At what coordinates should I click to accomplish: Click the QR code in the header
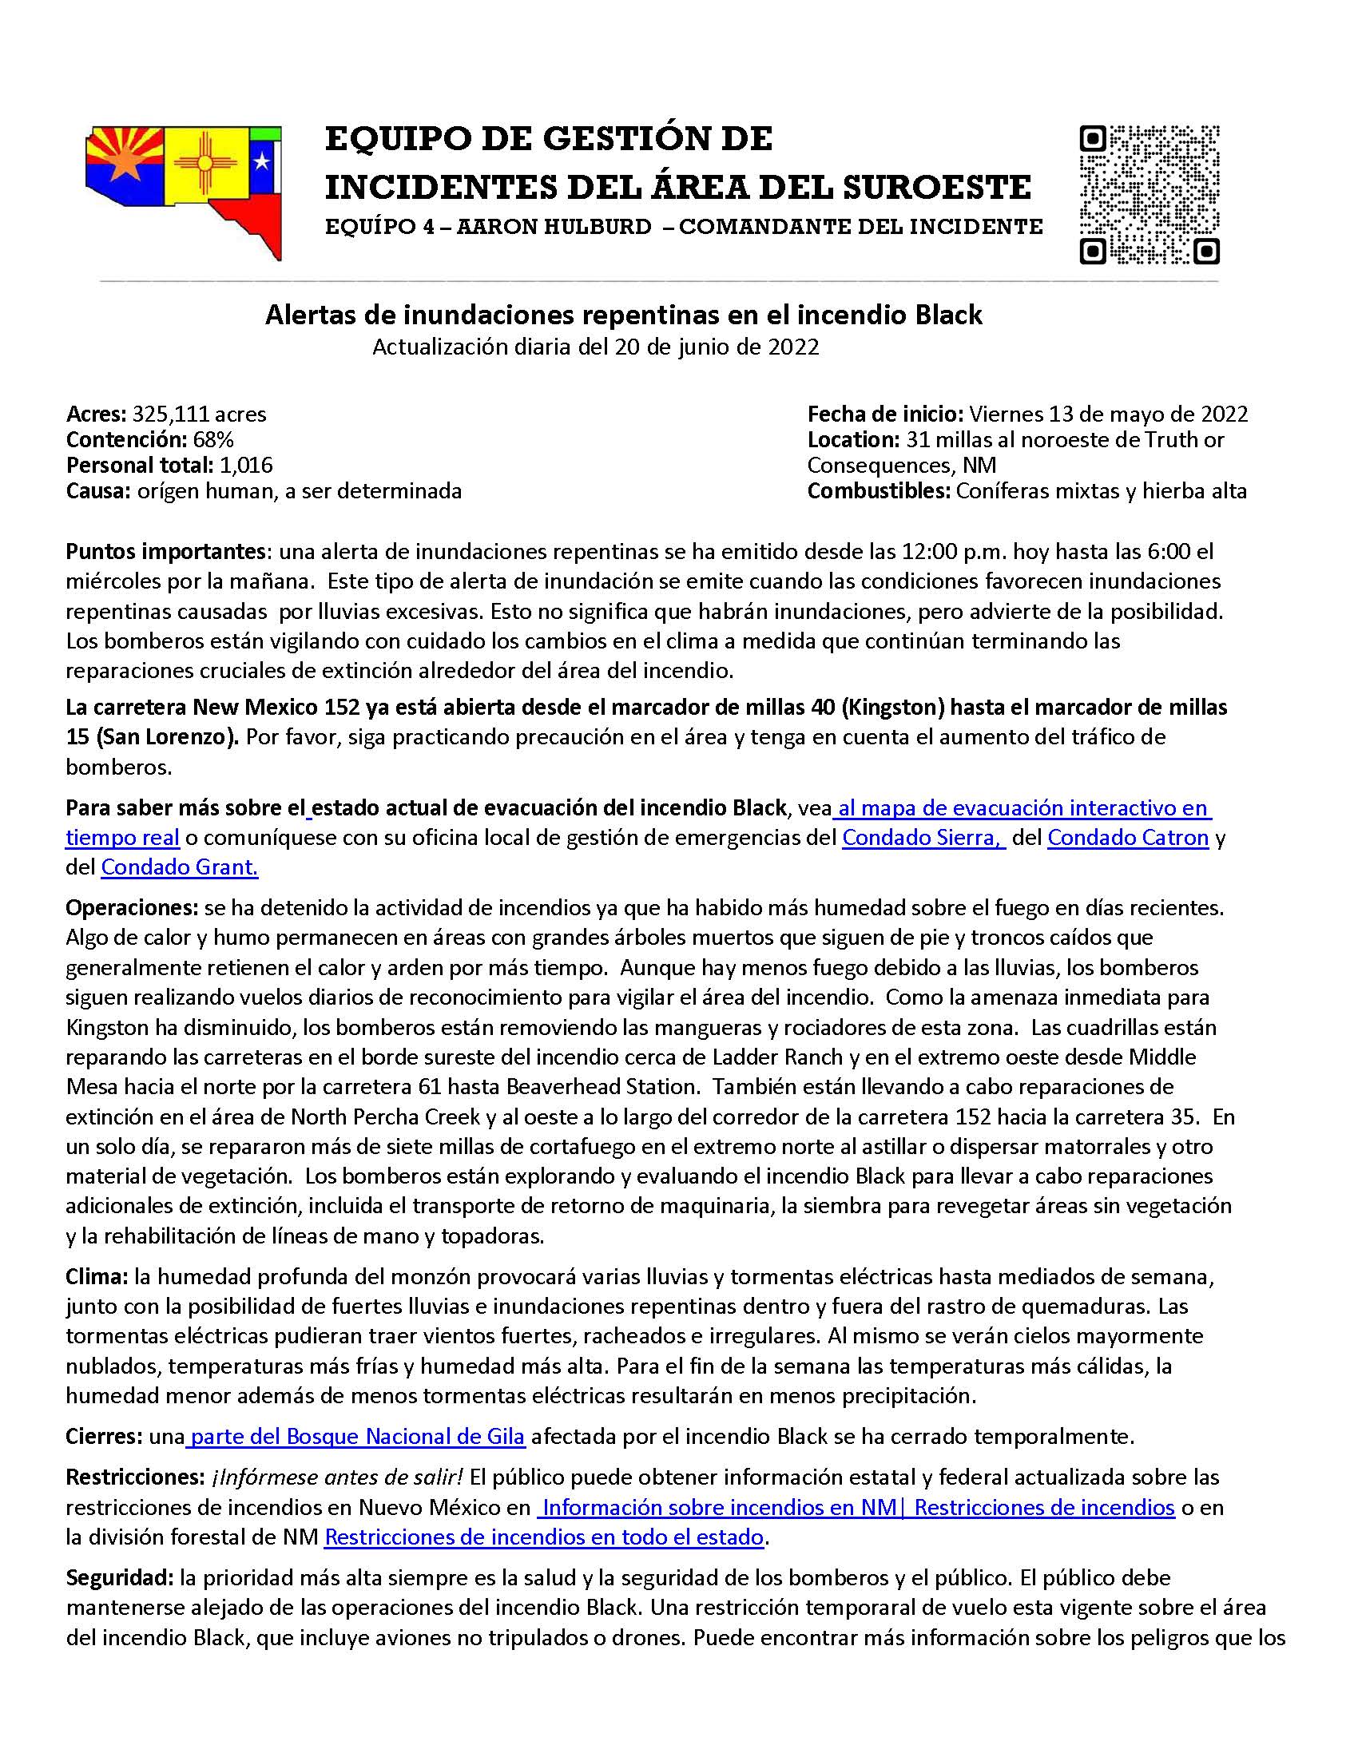coord(1149,194)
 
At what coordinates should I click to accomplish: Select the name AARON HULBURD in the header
coord(554,227)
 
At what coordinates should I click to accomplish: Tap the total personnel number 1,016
coord(246,465)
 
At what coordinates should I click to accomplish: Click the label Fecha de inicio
coord(885,414)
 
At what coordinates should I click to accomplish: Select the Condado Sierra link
coord(922,838)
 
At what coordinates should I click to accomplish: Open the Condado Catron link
coord(1128,838)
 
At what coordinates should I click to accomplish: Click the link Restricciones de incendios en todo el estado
coord(544,1537)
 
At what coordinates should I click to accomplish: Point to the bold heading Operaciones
coord(132,907)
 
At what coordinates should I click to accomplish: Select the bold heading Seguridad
coord(120,1578)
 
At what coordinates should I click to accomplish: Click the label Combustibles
coord(880,490)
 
